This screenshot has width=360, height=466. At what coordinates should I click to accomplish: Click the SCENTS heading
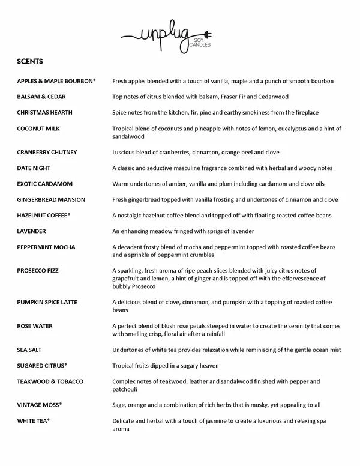30,61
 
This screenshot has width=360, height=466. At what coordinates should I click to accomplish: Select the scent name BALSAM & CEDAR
41,97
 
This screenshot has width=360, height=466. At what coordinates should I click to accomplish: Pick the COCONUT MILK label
39,129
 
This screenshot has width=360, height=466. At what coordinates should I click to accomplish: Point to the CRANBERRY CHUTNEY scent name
47,152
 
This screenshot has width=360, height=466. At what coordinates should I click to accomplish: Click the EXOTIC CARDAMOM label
46,183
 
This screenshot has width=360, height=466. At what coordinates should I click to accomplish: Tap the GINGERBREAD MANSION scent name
52,199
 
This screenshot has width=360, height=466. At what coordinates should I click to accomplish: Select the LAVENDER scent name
32,231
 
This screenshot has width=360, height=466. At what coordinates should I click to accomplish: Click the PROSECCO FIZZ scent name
41,270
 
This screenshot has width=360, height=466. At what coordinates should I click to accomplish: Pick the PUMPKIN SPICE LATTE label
47,302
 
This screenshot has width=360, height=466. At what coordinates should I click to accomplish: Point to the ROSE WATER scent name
35,326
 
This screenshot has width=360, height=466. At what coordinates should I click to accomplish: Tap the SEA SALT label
30,349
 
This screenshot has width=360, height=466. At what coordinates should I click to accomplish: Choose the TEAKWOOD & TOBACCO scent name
50,381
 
